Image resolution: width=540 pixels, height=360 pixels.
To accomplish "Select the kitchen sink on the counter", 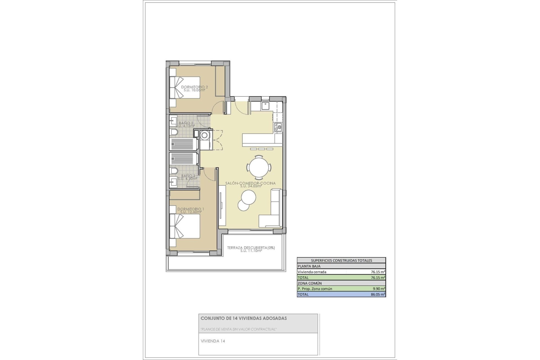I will (265, 106).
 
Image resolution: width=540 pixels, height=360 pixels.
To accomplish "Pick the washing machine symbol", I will (205, 136).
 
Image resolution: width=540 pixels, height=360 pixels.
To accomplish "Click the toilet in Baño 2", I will (174, 132).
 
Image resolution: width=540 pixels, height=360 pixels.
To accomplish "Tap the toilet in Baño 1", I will (174, 171).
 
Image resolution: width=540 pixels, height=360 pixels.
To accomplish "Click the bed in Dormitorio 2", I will (184, 87).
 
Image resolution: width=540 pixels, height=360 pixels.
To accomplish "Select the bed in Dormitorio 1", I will (184, 226).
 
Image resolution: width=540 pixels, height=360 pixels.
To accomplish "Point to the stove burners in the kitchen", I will (278, 127).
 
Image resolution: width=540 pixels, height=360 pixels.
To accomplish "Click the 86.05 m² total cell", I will (378, 294).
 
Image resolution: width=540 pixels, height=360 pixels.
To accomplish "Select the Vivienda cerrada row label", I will (312, 272).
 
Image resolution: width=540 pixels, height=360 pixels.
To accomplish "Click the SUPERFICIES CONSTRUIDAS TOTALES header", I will (341, 260).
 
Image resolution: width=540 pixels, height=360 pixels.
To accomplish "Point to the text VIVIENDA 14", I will (213, 341).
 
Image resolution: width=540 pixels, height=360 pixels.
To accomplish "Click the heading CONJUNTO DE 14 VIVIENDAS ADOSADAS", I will (244, 318).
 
